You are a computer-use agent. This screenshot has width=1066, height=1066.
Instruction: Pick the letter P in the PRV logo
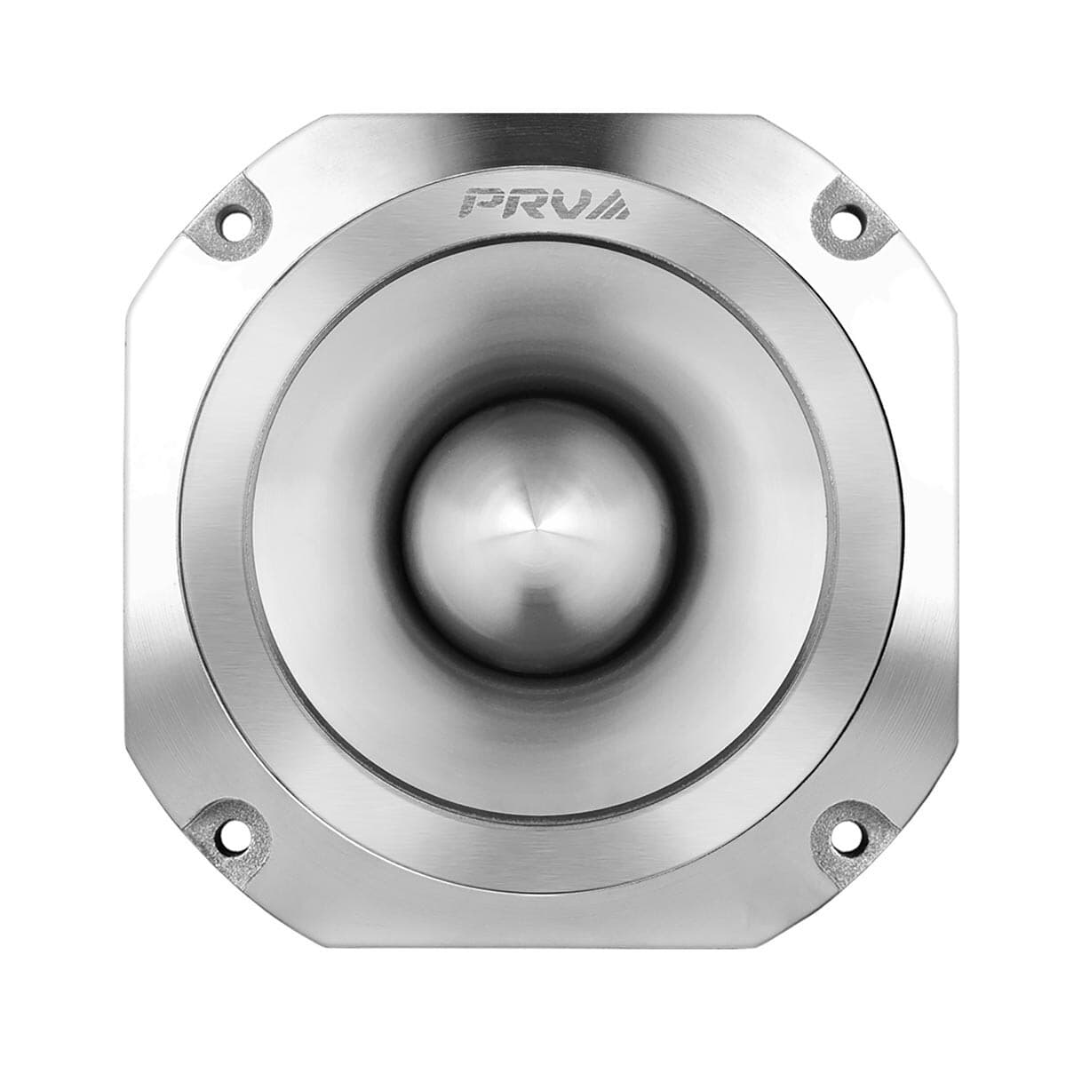pyautogui.click(x=481, y=203)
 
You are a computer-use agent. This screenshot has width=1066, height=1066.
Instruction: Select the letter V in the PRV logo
pyautogui.click(x=566, y=203)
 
